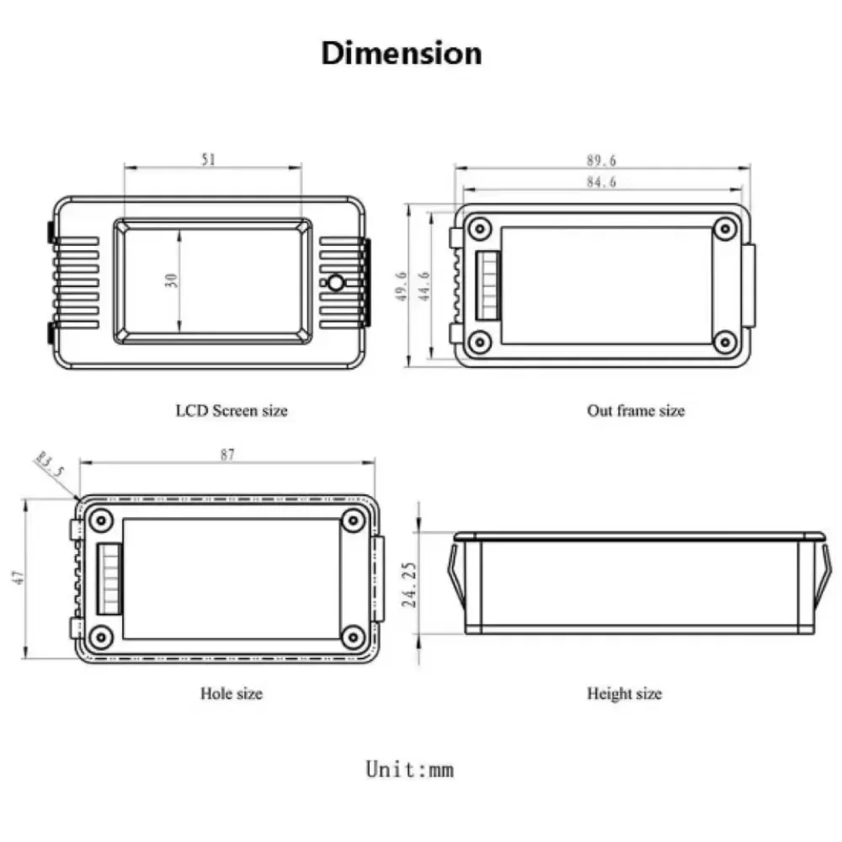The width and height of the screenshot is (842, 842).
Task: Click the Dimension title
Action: click(401, 54)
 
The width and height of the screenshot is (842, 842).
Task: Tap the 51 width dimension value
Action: click(208, 159)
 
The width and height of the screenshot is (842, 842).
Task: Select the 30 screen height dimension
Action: click(171, 280)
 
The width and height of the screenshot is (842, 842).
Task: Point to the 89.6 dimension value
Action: click(601, 160)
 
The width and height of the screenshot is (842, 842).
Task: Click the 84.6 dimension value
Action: click(601, 182)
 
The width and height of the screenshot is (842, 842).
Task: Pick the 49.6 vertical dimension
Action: click(402, 286)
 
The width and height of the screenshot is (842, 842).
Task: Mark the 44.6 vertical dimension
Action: click(424, 286)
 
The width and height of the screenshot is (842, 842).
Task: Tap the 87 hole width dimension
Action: click(227, 455)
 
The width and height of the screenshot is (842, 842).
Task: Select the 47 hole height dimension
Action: click(19, 578)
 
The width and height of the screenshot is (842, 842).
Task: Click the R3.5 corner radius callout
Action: click(50, 465)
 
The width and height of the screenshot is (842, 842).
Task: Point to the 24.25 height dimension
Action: click(409, 585)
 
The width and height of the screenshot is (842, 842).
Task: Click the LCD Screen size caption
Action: click(232, 411)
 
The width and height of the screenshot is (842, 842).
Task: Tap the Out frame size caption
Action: click(636, 411)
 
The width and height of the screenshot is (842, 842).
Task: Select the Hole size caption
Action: click(232, 693)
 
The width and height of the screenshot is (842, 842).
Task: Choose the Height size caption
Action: click(624, 693)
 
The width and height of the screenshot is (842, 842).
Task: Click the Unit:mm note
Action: click(410, 769)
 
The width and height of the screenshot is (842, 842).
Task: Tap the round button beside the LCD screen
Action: click(336, 282)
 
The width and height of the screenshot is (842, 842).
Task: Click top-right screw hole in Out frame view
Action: click(725, 229)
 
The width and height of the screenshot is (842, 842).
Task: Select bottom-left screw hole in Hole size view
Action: click(100, 637)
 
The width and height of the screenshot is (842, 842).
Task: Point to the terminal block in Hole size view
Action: click(109, 579)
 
